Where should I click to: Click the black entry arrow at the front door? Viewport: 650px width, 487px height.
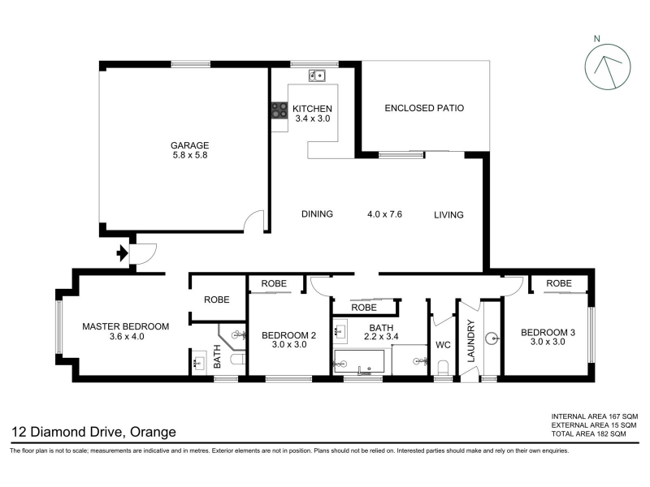122,253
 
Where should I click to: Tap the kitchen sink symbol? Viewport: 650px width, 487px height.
317,75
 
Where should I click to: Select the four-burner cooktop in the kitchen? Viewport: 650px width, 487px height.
279,111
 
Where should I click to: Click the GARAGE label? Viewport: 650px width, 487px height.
190,145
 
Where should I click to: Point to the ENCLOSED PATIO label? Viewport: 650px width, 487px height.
424,108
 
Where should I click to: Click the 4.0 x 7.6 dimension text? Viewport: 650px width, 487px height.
384,214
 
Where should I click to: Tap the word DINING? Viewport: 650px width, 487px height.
317,214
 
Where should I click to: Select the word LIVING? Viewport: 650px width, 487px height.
448,215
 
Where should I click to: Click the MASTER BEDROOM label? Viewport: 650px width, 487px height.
126,326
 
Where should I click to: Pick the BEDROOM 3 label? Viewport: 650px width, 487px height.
548,332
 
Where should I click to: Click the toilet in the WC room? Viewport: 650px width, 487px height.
443,368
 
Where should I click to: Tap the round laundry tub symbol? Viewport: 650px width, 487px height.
492,338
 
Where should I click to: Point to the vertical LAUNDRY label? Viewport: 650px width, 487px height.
471,341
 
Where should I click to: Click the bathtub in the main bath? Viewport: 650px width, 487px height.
359,361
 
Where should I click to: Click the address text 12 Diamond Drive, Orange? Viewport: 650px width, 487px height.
93,432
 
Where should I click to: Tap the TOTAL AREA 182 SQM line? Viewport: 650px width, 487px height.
588,434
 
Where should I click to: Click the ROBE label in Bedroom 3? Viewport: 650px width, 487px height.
559,283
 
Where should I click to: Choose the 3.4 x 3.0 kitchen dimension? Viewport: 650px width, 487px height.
313,119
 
